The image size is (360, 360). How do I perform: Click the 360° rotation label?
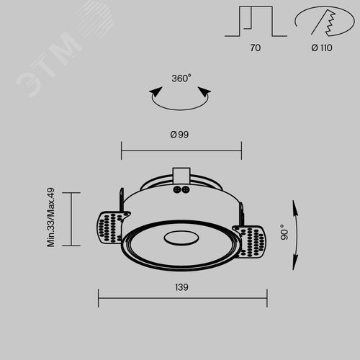click(x=181, y=78)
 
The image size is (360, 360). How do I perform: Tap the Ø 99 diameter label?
click(x=179, y=135)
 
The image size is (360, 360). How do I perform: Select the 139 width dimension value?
click(x=181, y=287)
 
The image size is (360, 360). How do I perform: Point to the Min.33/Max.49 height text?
click(x=51, y=217)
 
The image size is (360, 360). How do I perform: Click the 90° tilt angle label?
click(x=284, y=233)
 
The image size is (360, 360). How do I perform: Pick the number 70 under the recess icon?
click(x=256, y=48)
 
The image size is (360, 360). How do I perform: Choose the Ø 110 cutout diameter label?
click(x=322, y=48)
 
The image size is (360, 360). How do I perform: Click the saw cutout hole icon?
click(x=325, y=21)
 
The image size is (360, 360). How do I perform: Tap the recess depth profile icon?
click(x=256, y=22)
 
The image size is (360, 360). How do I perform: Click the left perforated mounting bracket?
click(x=111, y=227)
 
